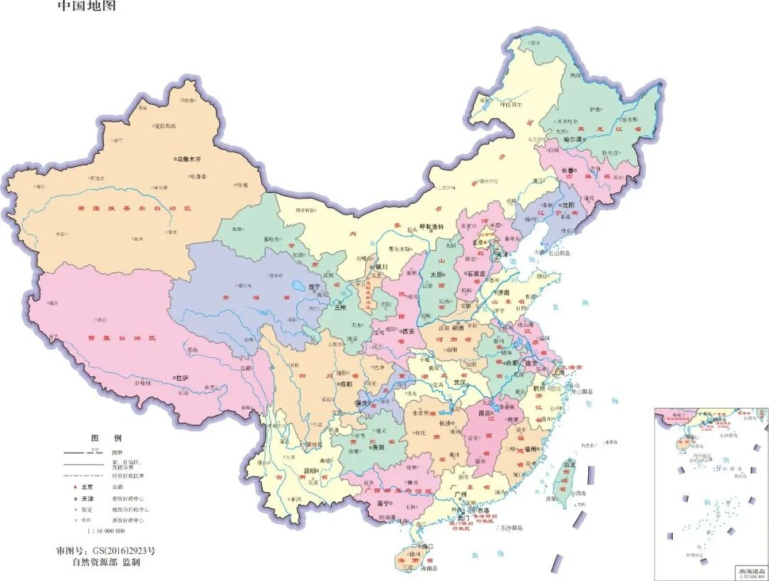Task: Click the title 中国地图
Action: point(86,6)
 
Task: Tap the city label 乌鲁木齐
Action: point(194,160)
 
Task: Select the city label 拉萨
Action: point(182,377)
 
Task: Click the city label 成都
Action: point(345,384)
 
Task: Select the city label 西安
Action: point(408,331)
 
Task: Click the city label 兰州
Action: point(342,307)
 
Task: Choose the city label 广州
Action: point(459,494)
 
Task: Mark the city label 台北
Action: point(569,464)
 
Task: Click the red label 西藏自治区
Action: point(122,338)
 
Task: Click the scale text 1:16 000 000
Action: point(106,531)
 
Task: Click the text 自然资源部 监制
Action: point(106,562)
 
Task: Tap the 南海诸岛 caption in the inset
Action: point(749,572)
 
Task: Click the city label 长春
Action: point(567,171)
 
